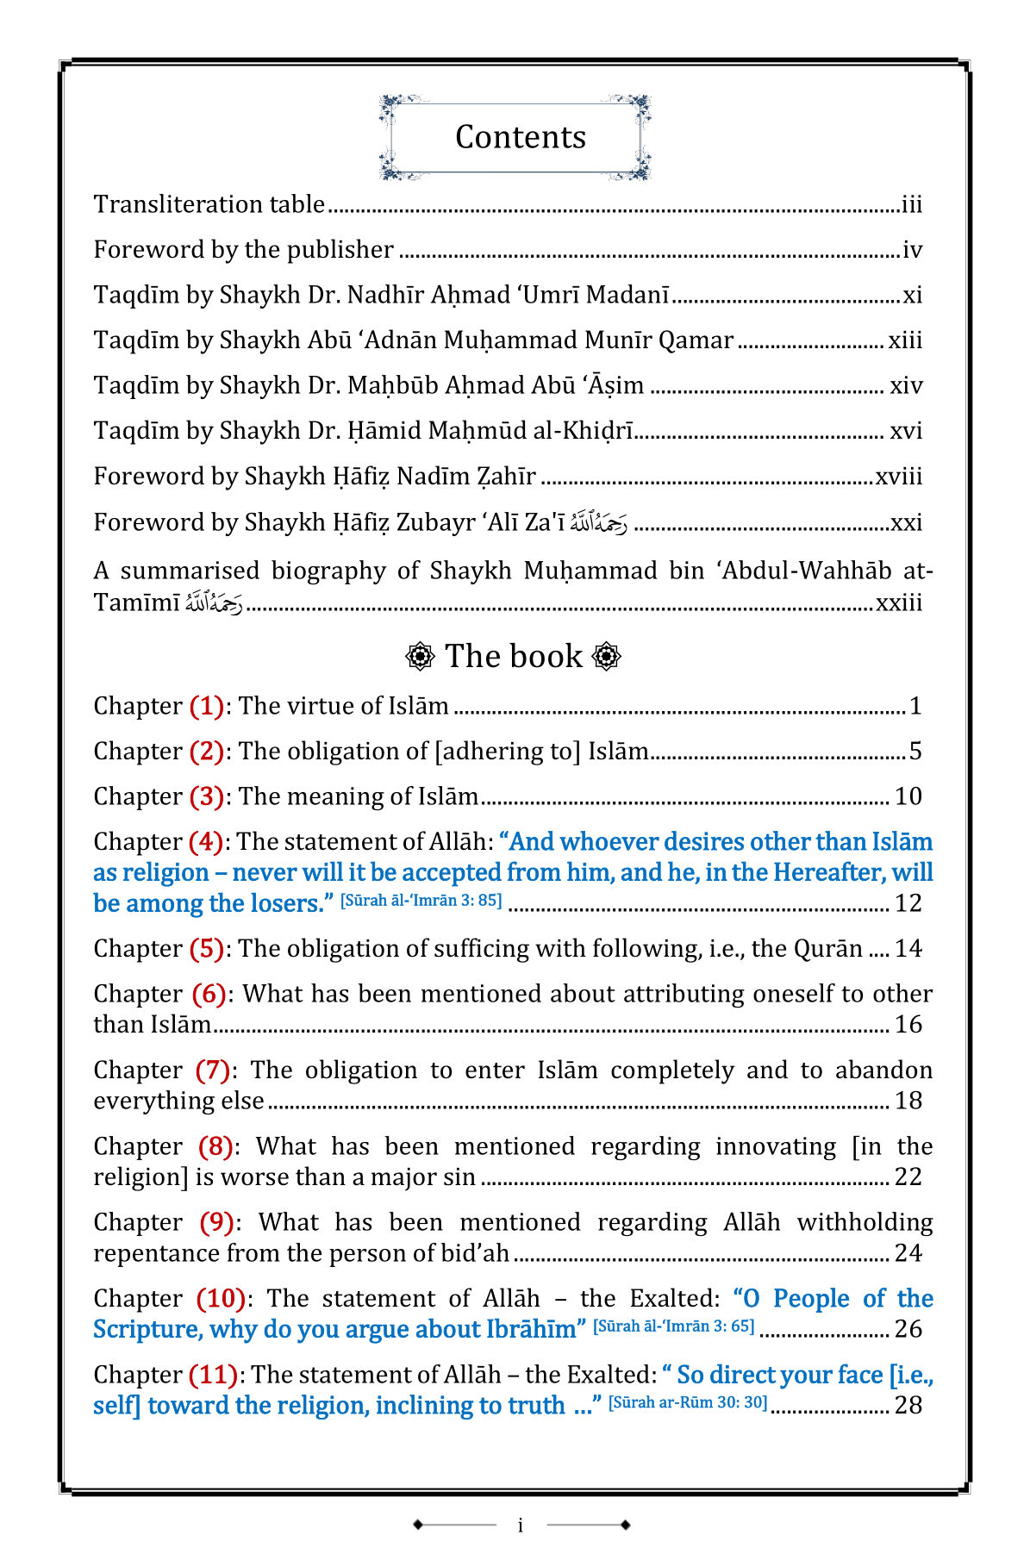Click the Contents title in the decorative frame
(x=520, y=137)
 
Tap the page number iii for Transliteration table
(x=912, y=205)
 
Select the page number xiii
(x=905, y=340)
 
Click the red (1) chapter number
(x=207, y=706)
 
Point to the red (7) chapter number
(x=213, y=1070)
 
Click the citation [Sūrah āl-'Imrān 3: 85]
(x=421, y=902)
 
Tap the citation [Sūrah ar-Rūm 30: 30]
(x=687, y=1402)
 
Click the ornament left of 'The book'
(x=420, y=656)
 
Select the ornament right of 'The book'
(x=607, y=656)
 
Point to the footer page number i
(x=520, y=1526)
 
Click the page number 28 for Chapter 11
(x=908, y=1406)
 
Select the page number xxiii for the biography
(x=899, y=602)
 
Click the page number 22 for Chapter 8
(x=908, y=1177)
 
